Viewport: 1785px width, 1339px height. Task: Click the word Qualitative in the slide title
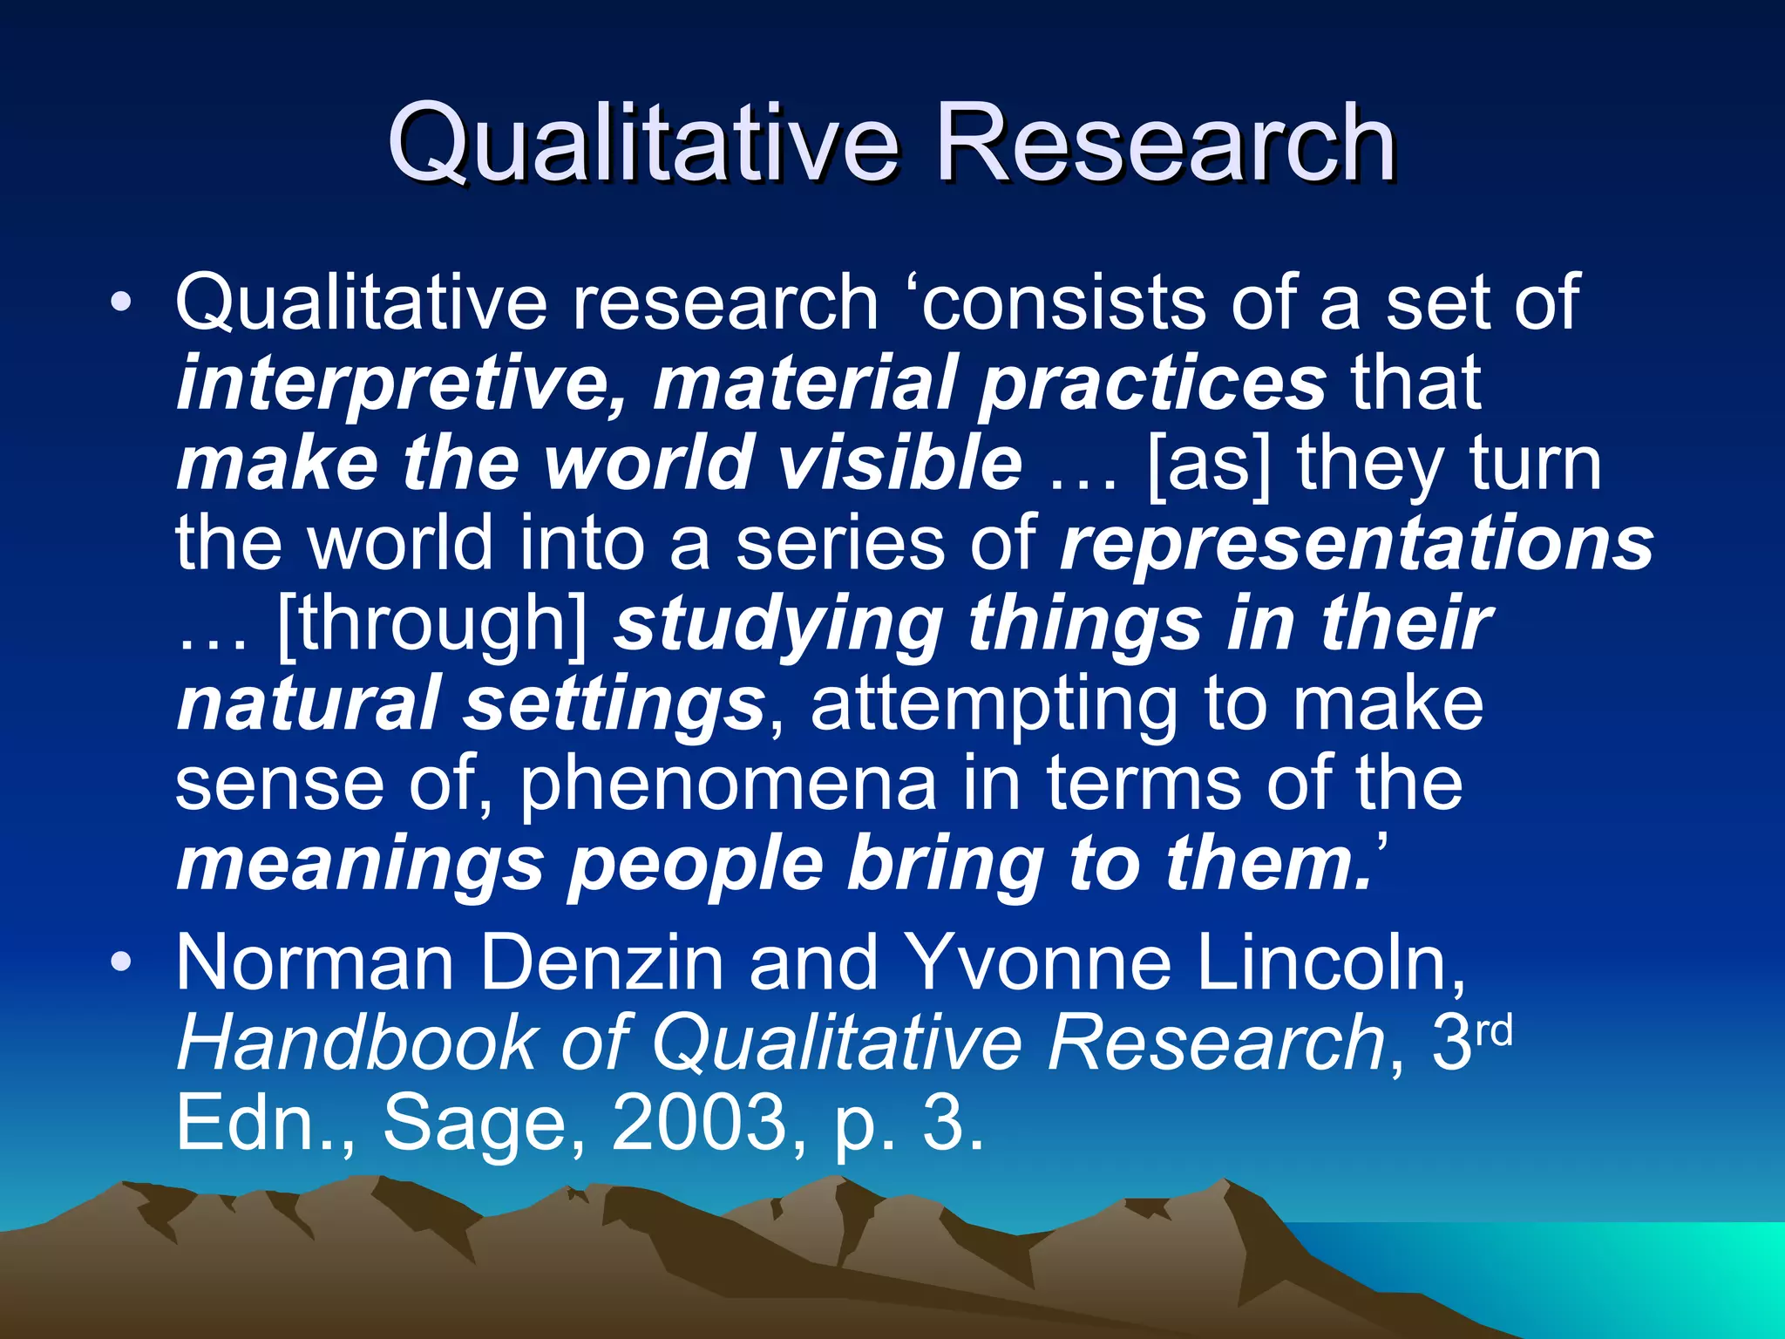coord(643,144)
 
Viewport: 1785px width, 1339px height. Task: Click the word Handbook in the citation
coord(356,1043)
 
